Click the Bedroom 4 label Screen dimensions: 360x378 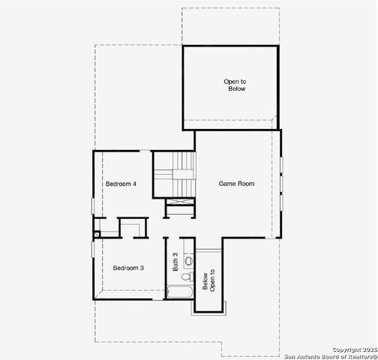(x=120, y=184)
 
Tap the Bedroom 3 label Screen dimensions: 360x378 (x=128, y=268)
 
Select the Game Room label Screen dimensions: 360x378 (x=236, y=183)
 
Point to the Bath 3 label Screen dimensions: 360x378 (x=176, y=261)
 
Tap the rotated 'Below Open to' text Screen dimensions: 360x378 (x=208, y=281)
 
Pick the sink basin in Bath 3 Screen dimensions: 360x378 (x=189, y=259)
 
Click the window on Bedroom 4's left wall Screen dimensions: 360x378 (x=94, y=205)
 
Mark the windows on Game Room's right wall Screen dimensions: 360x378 (x=281, y=184)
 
